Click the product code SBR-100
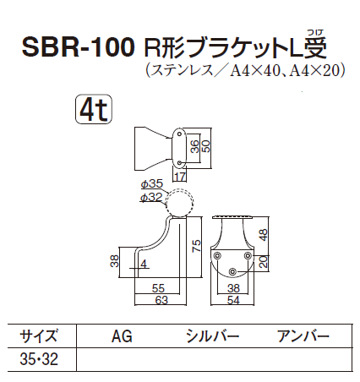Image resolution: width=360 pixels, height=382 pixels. (x=75, y=46)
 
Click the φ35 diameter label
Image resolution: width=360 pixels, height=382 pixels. (x=152, y=183)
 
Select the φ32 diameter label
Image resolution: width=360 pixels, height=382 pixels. (x=152, y=197)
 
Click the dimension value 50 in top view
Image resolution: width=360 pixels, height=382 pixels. (x=206, y=145)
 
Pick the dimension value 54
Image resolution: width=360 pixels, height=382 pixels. (x=234, y=299)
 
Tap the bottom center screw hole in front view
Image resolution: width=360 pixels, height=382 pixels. (x=233, y=270)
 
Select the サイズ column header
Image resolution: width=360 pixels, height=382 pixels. (x=40, y=336)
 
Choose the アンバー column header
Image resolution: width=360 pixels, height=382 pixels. (x=303, y=336)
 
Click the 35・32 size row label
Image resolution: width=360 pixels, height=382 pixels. (x=39, y=358)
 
